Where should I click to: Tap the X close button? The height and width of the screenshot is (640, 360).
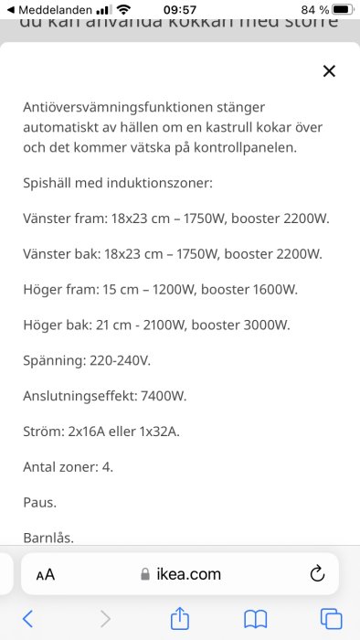(x=330, y=71)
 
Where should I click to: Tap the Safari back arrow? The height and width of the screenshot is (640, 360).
(x=27, y=619)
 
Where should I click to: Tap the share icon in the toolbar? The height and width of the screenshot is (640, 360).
(x=180, y=618)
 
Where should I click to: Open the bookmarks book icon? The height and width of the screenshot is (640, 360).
(x=255, y=619)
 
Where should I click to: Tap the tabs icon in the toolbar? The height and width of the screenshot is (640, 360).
(x=330, y=619)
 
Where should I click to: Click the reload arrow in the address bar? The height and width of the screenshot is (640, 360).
(x=317, y=574)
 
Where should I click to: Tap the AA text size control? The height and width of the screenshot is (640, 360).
(x=46, y=575)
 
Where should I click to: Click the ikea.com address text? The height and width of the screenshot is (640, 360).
(x=188, y=574)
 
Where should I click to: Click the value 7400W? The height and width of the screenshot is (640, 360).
(x=164, y=396)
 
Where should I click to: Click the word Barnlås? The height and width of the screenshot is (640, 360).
(x=48, y=538)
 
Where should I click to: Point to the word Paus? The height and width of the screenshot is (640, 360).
(x=39, y=502)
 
